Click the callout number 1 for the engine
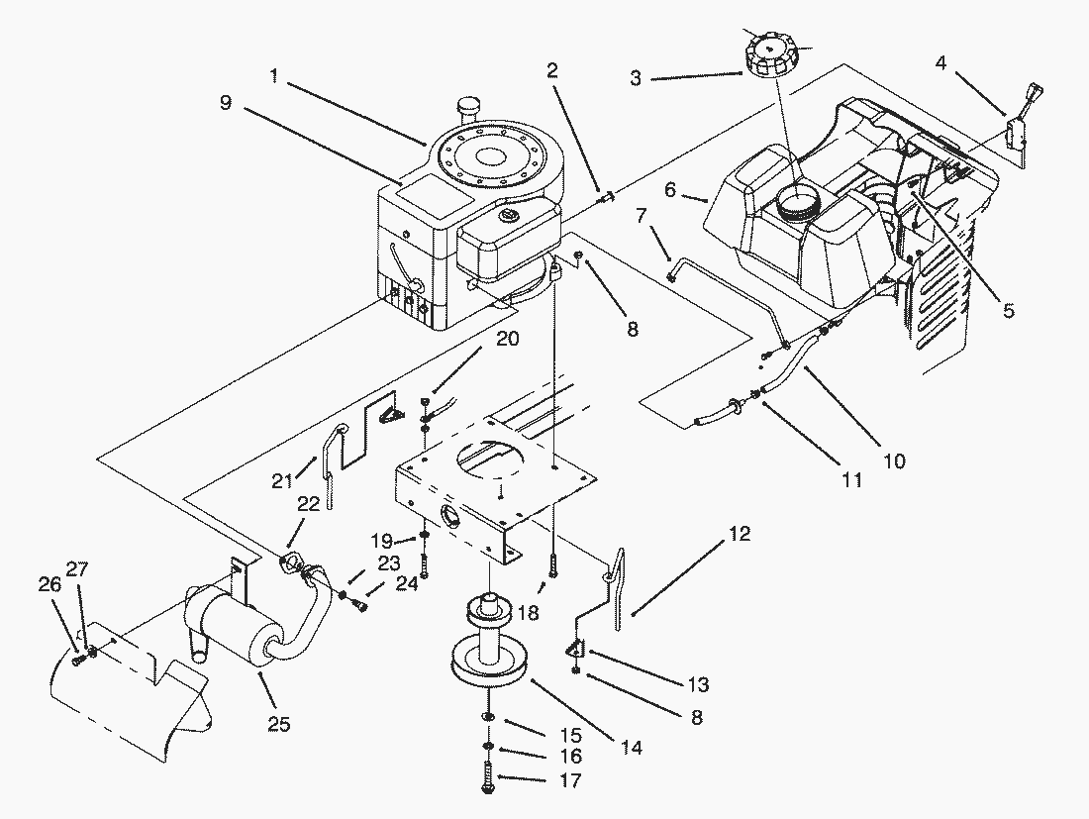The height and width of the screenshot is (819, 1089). [x=274, y=74]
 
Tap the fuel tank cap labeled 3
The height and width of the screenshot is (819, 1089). [x=770, y=55]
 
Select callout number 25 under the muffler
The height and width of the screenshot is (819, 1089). [x=278, y=724]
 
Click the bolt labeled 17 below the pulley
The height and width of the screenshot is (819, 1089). [x=487, y=777]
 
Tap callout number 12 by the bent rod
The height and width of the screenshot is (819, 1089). [x=740, y=534]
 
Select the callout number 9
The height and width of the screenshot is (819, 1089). [x=225, y=103]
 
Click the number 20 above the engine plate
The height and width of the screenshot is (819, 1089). [x=507, y=339]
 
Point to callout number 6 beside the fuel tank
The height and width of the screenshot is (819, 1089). [x=669, y=189]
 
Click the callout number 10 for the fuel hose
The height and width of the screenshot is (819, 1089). [x=895, y=461]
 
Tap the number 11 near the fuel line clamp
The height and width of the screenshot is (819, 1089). [x=851, y=480]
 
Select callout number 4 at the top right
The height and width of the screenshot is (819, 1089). [x=940, y=63]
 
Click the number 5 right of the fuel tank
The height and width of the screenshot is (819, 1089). [x=1009, y=310]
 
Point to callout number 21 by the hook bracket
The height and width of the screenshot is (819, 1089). [x=282, y=480]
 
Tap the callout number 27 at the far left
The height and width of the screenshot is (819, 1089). [x=77, y=568]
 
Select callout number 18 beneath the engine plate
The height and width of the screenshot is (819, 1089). [x=528, y=612]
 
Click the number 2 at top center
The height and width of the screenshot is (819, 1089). [x=552, y=70]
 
